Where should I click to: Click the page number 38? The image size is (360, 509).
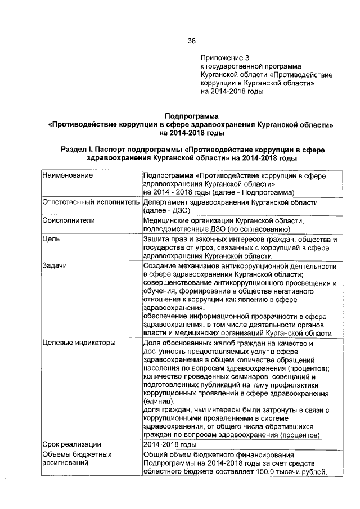tap(192, 40)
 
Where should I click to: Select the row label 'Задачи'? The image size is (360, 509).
tap(55, 266)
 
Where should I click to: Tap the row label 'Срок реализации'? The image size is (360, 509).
tap(71, 444)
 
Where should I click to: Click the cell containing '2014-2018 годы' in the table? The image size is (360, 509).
tap(170, 444)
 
